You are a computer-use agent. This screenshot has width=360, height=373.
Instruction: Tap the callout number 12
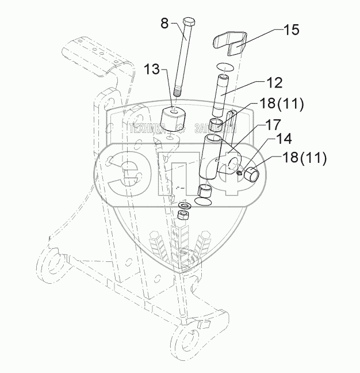point(274,83)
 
